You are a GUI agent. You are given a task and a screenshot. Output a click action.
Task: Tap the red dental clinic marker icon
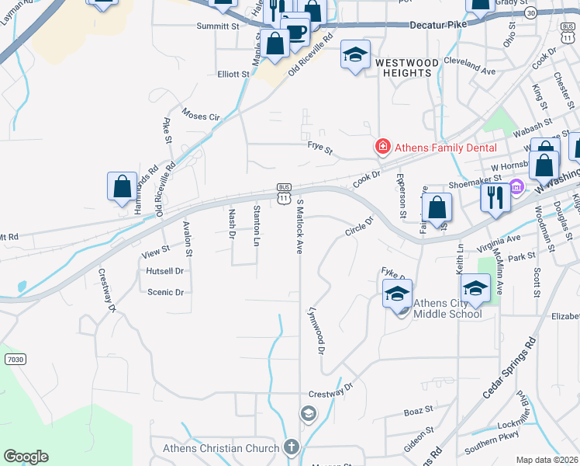click(382, 147)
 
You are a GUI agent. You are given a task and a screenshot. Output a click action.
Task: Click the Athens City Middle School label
click(447, 308)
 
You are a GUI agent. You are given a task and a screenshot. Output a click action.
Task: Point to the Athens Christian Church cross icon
click(291, 447)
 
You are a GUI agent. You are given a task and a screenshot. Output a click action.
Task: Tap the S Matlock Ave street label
click(300, 226)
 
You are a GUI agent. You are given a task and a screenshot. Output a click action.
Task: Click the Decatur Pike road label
click(441, 25)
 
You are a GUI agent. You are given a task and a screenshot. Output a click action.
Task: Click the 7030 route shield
click(13, 360)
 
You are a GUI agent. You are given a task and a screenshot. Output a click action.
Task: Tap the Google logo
click(26, 457)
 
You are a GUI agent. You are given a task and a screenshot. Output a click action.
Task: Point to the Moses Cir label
click(201, 116)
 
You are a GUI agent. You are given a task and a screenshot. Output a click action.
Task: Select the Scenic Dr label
click(165, 293)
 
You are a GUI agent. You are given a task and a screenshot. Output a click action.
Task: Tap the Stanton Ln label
click(256, 225)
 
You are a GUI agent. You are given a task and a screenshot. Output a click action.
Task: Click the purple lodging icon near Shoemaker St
click(516, 187)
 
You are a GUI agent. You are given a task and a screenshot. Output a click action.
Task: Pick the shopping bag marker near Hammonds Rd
click(122, 186)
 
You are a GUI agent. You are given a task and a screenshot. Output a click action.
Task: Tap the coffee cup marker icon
click(295, 30)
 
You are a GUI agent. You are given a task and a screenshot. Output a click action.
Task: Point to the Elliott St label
click(233, 75)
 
